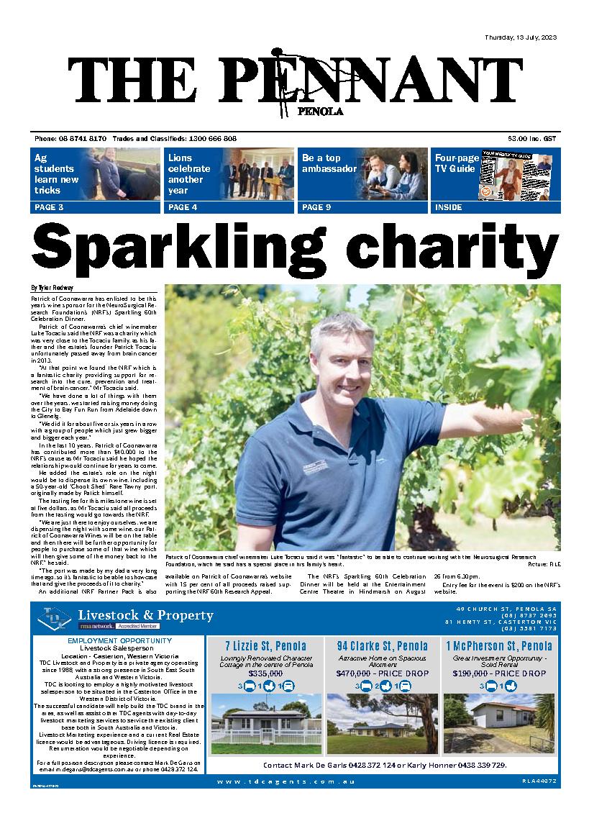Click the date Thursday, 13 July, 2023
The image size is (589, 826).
pyautogui.click(x=521, y=37)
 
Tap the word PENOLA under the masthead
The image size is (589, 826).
pyautogui.click(x=319, y=112)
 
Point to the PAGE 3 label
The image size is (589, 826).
pyautogui.click(x=48, y=207)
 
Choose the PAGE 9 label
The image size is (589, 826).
pyautogui.click(x=316, y=207)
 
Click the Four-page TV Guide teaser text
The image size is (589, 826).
pyautogui.click(x=455, y=163)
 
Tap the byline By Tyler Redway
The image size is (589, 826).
pyautogui.click(x=52, y=288)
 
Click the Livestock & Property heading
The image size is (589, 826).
pyautogui.click(x=145, y=615)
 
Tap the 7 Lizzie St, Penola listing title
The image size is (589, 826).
pyautogui.click(x=265, y=646)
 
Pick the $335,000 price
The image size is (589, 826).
pyautogui.click(x=265, y=673)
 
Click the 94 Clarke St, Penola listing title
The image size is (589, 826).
pyautogui.click(x=382, y=646)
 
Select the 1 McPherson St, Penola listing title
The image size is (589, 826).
pyautogui.click(x=498, y=646)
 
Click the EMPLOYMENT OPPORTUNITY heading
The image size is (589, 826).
pyautogui.click(x=119, y=640)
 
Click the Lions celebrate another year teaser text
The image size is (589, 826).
pyautogui.click(x=188, y=174)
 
